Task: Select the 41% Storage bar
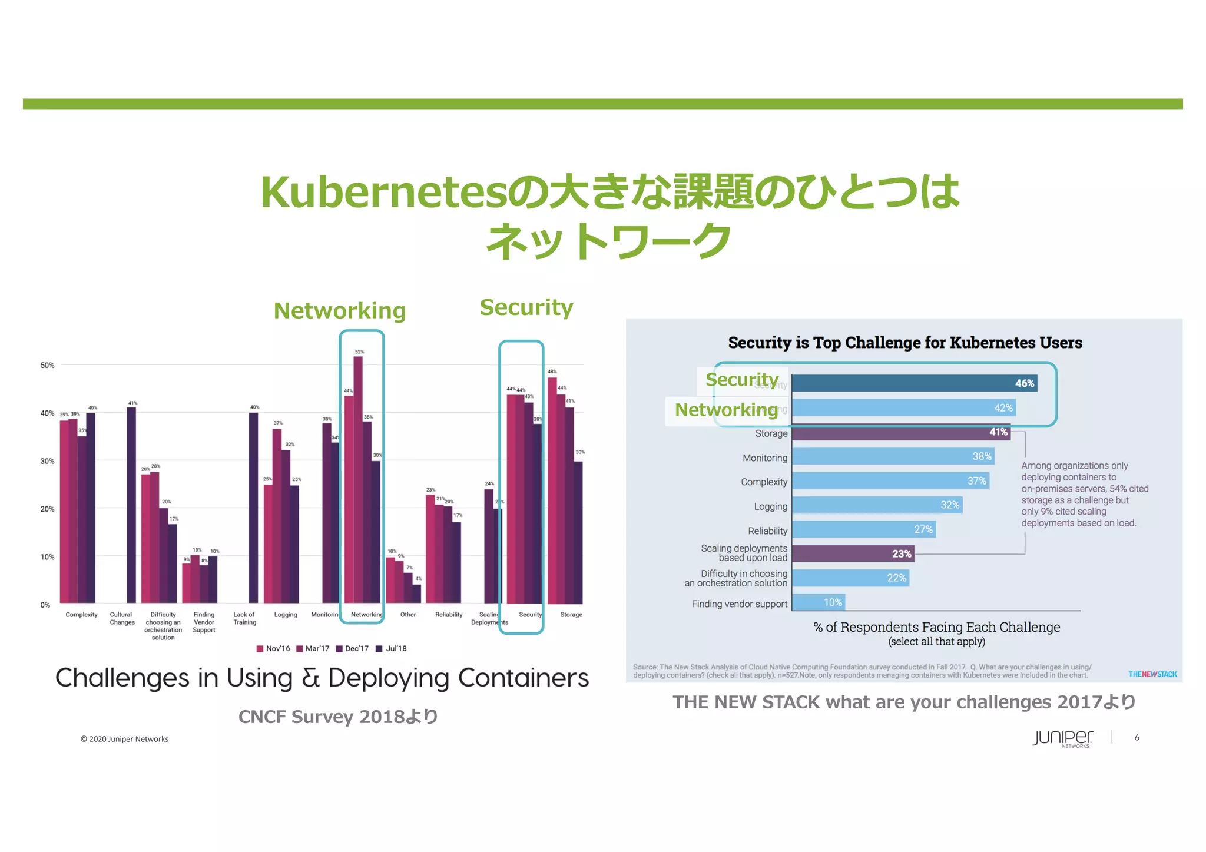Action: (x=901, y=433)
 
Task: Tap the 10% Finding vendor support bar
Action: (x=819, y=602)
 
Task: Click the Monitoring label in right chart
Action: (x=764, y=458)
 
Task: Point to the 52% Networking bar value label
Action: (x=359, y=352)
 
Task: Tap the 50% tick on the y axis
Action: (x=47, y=365)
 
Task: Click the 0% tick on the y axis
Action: (x=45, y=605)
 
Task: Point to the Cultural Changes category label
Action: (x=122, y=618)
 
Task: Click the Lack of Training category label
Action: (x=244, y=618)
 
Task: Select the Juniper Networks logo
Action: (x=1062, y=738)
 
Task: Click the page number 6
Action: (x=1137, y=737)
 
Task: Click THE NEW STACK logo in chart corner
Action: (x=1152, y=674)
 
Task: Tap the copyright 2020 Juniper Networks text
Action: (x=124, y=739)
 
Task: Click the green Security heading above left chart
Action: (x=526, y=307)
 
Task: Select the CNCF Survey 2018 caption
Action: (x=338, y=717)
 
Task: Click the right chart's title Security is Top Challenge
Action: (x=904, y=343)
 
